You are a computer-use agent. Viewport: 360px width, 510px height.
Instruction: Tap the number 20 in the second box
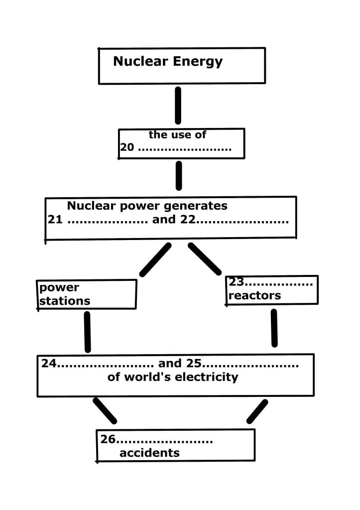click(x=126, y=148)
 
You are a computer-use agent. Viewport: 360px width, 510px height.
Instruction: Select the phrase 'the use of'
click(x=177, y=134)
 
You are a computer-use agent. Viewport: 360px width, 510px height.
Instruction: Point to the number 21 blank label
click(x=55, y=220)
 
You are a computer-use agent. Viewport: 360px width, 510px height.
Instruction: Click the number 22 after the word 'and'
click(x=187, y=220)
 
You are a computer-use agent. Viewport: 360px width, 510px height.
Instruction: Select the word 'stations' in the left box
click(x=65, y=301)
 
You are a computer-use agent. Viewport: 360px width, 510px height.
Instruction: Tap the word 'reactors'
click(x=254, y=295)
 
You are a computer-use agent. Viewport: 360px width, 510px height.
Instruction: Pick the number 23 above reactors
click(x=236, y=282)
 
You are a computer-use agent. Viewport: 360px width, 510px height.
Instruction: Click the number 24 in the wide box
click(x=49, y=364)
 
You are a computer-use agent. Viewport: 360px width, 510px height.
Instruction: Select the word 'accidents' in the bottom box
click(x=149, y=453)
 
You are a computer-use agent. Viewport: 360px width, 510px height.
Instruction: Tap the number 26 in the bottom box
click(x=108, y=439)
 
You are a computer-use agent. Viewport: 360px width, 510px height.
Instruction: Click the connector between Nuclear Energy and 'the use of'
click(x=178, y=105)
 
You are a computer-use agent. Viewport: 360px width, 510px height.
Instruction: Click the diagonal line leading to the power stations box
click(x=155, y=259)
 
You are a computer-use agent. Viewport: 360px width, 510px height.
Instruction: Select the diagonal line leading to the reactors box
click(x=205, y=259)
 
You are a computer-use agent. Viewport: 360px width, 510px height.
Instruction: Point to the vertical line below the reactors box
click(x=274, y=328)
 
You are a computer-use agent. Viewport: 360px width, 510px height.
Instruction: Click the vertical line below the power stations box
click(x=88, y=332)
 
